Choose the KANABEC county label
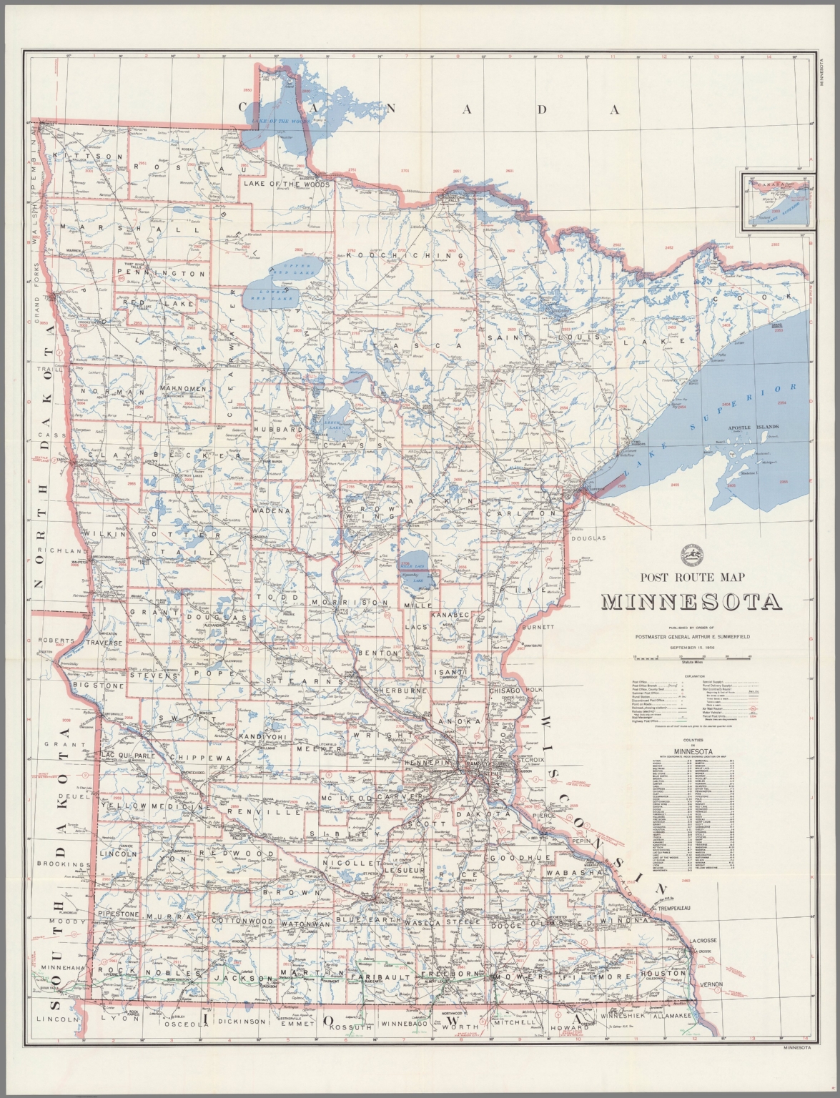(x=451, y=615)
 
